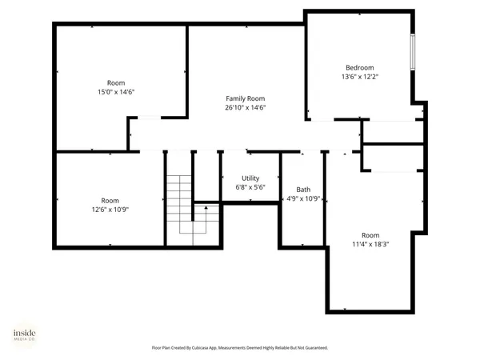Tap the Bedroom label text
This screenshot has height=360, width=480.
[x=359, y=67]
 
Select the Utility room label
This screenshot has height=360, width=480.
[x=250, y=178]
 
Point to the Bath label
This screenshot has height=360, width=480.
[x=303, y=190]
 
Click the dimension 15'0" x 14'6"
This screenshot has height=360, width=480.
[x=116, y=92]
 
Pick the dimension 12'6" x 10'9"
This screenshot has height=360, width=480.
[x=110, y=210]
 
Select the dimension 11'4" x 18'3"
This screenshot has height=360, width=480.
[x=370, y=244]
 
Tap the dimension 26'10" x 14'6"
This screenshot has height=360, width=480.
[x=245, y=108]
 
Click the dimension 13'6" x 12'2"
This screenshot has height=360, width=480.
[x=359, y=77]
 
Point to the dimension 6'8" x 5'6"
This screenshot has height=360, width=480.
[x=250, y=187]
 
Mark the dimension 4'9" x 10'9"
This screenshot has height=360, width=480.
[x=303, y=199]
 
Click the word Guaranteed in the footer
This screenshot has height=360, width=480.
[x=314, y=348]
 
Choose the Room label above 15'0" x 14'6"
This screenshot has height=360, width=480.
[x=116, y=82]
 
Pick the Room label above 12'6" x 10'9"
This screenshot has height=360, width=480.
[x=110, y=200]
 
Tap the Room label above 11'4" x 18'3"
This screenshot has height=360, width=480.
[x=370, y=234]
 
